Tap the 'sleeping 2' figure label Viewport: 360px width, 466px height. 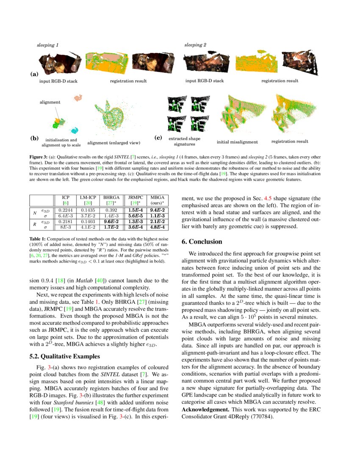[195, 44]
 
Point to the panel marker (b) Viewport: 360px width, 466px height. [34, 138]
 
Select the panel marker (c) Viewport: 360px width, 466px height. [158, 138]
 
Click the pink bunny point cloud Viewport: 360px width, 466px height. [78, 98]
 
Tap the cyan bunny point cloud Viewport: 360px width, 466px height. [75, 130]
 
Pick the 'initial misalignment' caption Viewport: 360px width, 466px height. [235, 142]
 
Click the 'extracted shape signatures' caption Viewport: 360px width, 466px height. [184, 141]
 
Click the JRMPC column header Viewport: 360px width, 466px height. [136, 197]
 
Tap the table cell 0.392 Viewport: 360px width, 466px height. [111, 210]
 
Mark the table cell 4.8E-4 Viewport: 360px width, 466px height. [158, 227]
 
